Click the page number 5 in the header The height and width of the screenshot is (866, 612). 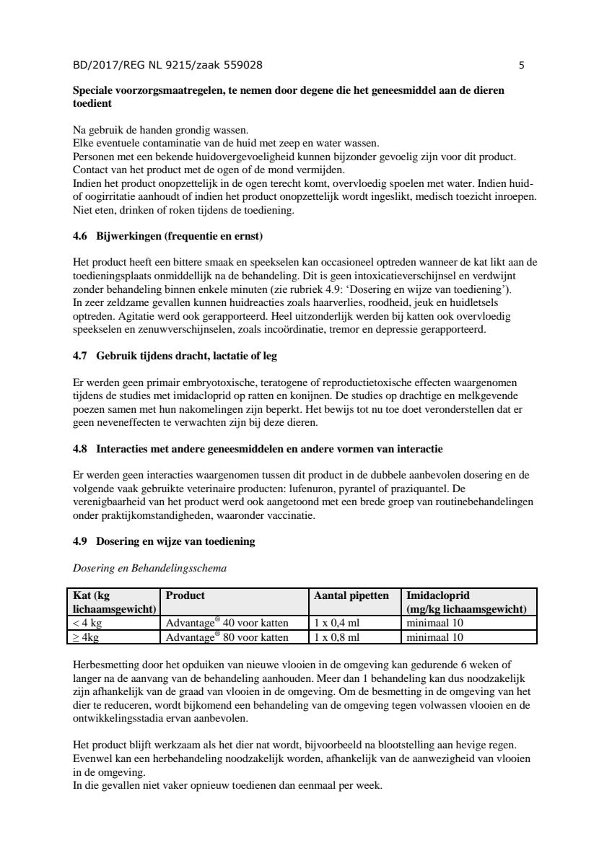tap(521, 66)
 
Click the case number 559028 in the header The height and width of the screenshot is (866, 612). tap(240, 66)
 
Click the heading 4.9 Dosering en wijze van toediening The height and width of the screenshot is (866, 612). tap(164, 541)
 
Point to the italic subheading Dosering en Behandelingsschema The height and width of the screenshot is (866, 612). tap(149, 568)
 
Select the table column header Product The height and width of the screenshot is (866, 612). tap(185, 595)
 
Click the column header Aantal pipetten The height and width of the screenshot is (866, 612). tap(351, 595)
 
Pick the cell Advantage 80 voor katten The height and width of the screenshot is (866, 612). tap(227, 637)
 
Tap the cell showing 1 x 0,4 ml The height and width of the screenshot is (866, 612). tap(336, 623)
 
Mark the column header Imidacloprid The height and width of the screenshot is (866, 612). tap(438, 595)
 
